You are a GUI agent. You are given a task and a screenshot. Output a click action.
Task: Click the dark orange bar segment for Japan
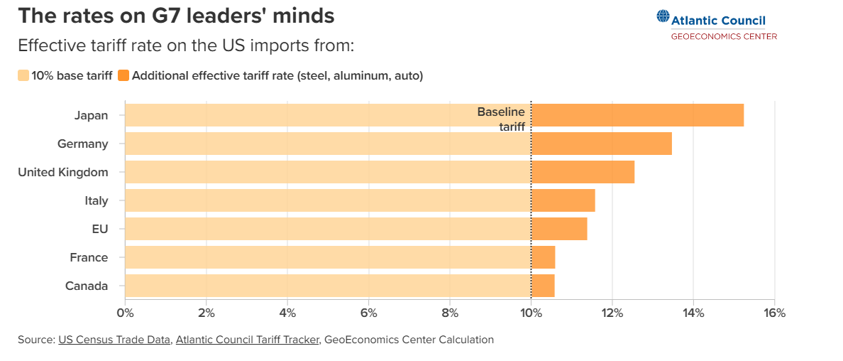[637, 115]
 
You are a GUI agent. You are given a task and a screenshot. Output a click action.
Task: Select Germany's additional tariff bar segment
[601, 144]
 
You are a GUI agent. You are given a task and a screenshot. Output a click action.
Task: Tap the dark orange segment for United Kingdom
[583, 172]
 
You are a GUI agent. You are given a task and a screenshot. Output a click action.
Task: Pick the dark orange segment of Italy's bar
[563, 200]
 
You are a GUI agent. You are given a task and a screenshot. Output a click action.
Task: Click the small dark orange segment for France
[544, 257]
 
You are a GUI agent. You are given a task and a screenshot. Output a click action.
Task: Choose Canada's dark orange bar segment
[543, 286]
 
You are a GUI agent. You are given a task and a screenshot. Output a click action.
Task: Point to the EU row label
[99, 229]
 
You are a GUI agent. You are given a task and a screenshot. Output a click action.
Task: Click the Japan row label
[91, 115]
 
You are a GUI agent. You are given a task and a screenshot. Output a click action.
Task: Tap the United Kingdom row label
[62, 172]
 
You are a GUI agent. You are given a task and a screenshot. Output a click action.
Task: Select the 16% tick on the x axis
[774, 313]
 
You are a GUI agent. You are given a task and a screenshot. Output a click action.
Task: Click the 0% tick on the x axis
[125, 313]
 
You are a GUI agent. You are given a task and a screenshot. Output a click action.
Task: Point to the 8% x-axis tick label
[450, 313]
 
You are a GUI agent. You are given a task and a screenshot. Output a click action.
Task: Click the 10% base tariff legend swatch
[23, 75]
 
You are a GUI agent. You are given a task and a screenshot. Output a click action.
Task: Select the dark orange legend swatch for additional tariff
[123, 75]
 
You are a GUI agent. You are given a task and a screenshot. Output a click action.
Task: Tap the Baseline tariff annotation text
[502, 119]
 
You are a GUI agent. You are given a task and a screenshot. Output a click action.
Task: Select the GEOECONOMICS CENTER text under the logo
[724, 36]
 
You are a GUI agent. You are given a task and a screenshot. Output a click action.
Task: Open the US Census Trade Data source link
[114, 340]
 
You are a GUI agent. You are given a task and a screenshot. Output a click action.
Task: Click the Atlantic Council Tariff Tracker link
[248, 340]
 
